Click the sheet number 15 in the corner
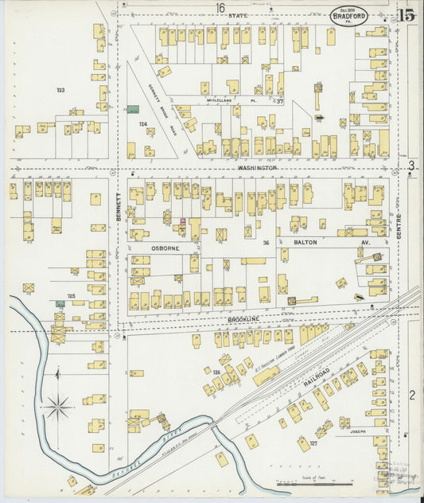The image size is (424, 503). pos(406,15)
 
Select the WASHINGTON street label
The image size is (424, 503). pos(256,169)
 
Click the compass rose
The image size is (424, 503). pos(57,409)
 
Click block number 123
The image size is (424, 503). pos(60,90)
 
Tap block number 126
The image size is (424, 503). pos(216,372)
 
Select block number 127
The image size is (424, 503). pos(314,443)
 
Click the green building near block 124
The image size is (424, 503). pos(133,109)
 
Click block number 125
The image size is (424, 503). pos(71,296)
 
